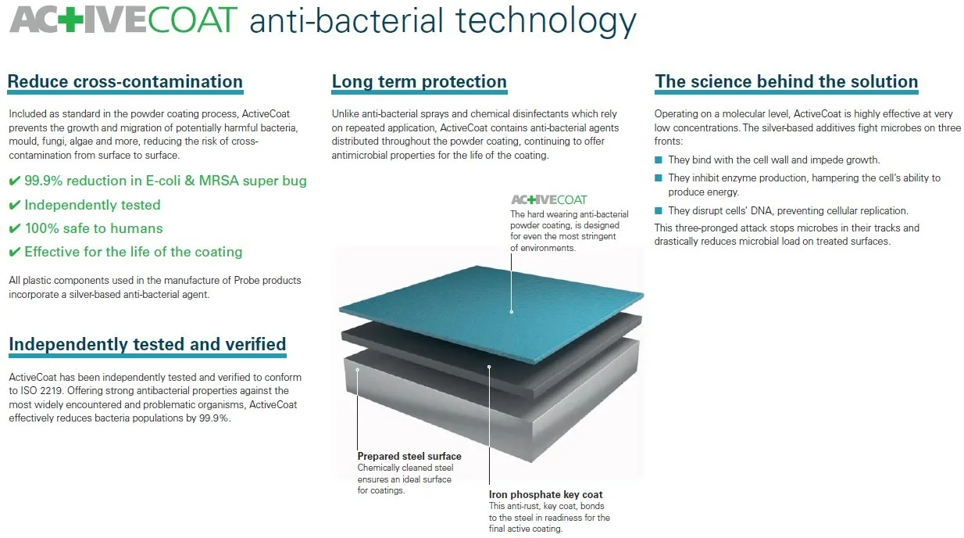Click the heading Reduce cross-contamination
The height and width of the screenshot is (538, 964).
click(125, 81)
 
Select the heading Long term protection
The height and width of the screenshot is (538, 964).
click(419, 81)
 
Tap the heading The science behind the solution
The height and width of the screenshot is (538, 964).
click(787, 81)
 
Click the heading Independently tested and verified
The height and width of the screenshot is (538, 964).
click(147, 344)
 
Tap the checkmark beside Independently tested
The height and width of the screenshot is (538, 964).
click(14, 205)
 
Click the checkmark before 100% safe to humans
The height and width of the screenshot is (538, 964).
click(14, 228)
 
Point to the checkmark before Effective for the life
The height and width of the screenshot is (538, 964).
click(14, 252)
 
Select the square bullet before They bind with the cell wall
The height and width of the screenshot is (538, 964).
click(659, 160)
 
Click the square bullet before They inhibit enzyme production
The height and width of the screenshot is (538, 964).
click(659, 178)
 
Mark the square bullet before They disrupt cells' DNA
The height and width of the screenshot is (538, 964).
click(659, 211)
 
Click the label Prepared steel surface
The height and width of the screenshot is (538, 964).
click(409, 457)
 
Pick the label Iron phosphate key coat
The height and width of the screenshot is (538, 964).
click(545, 494)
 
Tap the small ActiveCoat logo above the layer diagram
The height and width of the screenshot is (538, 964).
click(548, 199)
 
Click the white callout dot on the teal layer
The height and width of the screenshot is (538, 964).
click(512, 311)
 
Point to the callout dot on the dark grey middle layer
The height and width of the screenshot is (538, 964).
click(489, 366)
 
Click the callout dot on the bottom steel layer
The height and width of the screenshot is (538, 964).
click(358, 368)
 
